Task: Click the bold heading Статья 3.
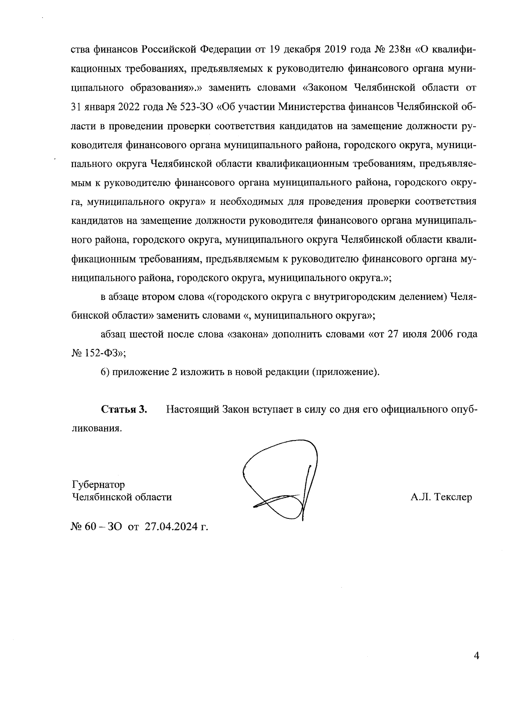click(124, 409)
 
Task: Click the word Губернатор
click(98, 484)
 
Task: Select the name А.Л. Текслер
click(441, 497)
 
